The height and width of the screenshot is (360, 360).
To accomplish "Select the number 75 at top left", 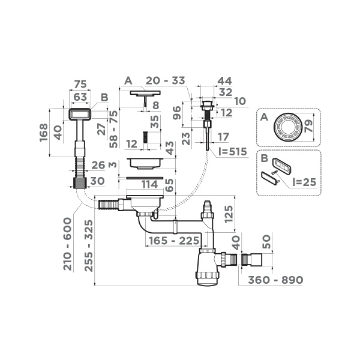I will click(x=80, y=83).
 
